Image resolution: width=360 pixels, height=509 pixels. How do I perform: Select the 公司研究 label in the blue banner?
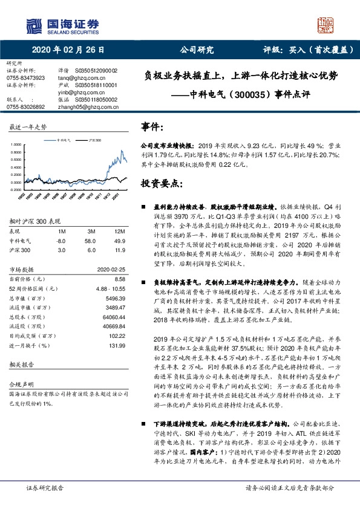point(197,51)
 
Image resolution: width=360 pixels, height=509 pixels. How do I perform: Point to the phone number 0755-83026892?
point(25,106)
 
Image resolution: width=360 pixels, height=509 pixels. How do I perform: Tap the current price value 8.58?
point(119,279)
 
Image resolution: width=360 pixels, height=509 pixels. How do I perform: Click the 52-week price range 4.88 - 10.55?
point(109,289)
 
